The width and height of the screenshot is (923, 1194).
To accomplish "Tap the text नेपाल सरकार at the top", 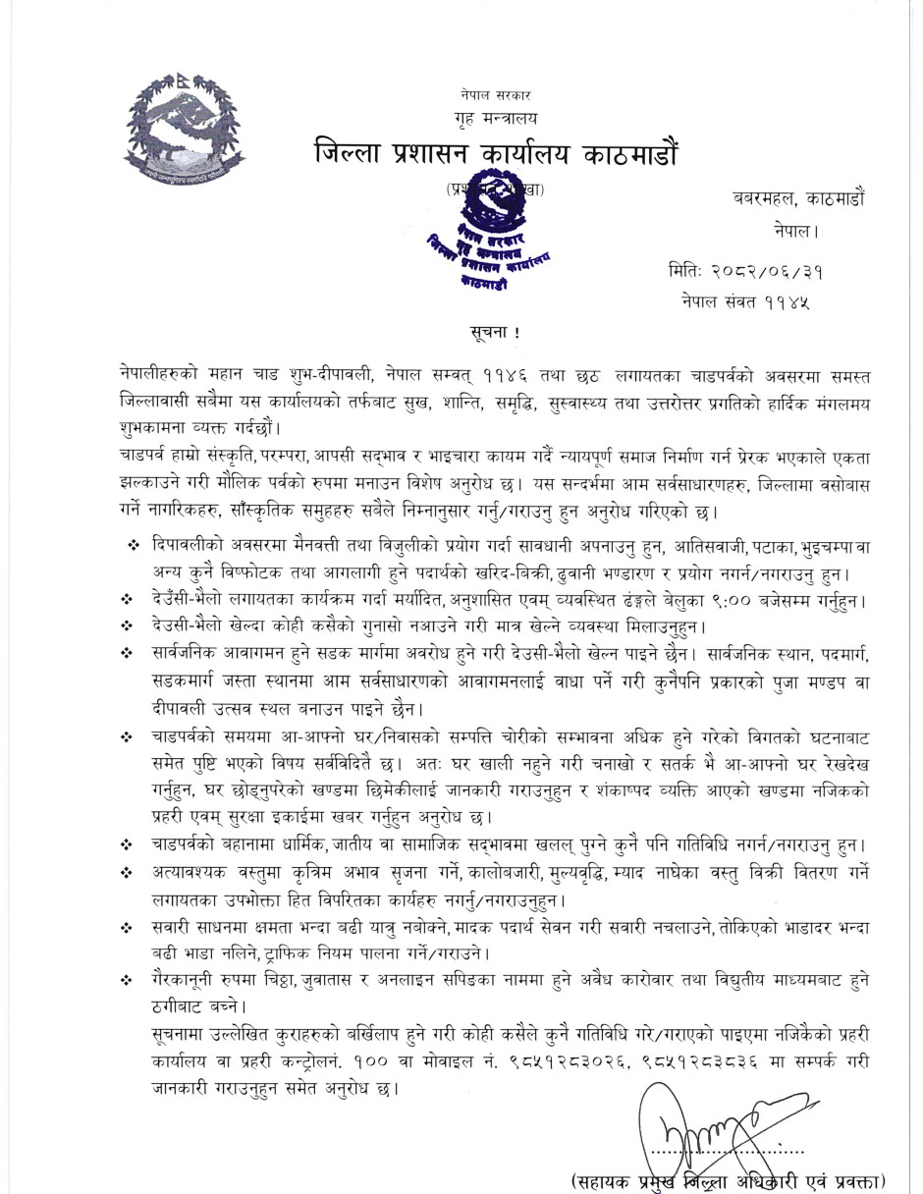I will tap(495, 95).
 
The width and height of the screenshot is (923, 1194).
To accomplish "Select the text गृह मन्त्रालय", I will tap(497, 119).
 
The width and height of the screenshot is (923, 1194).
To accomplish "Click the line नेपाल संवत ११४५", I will tap(747, 299).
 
